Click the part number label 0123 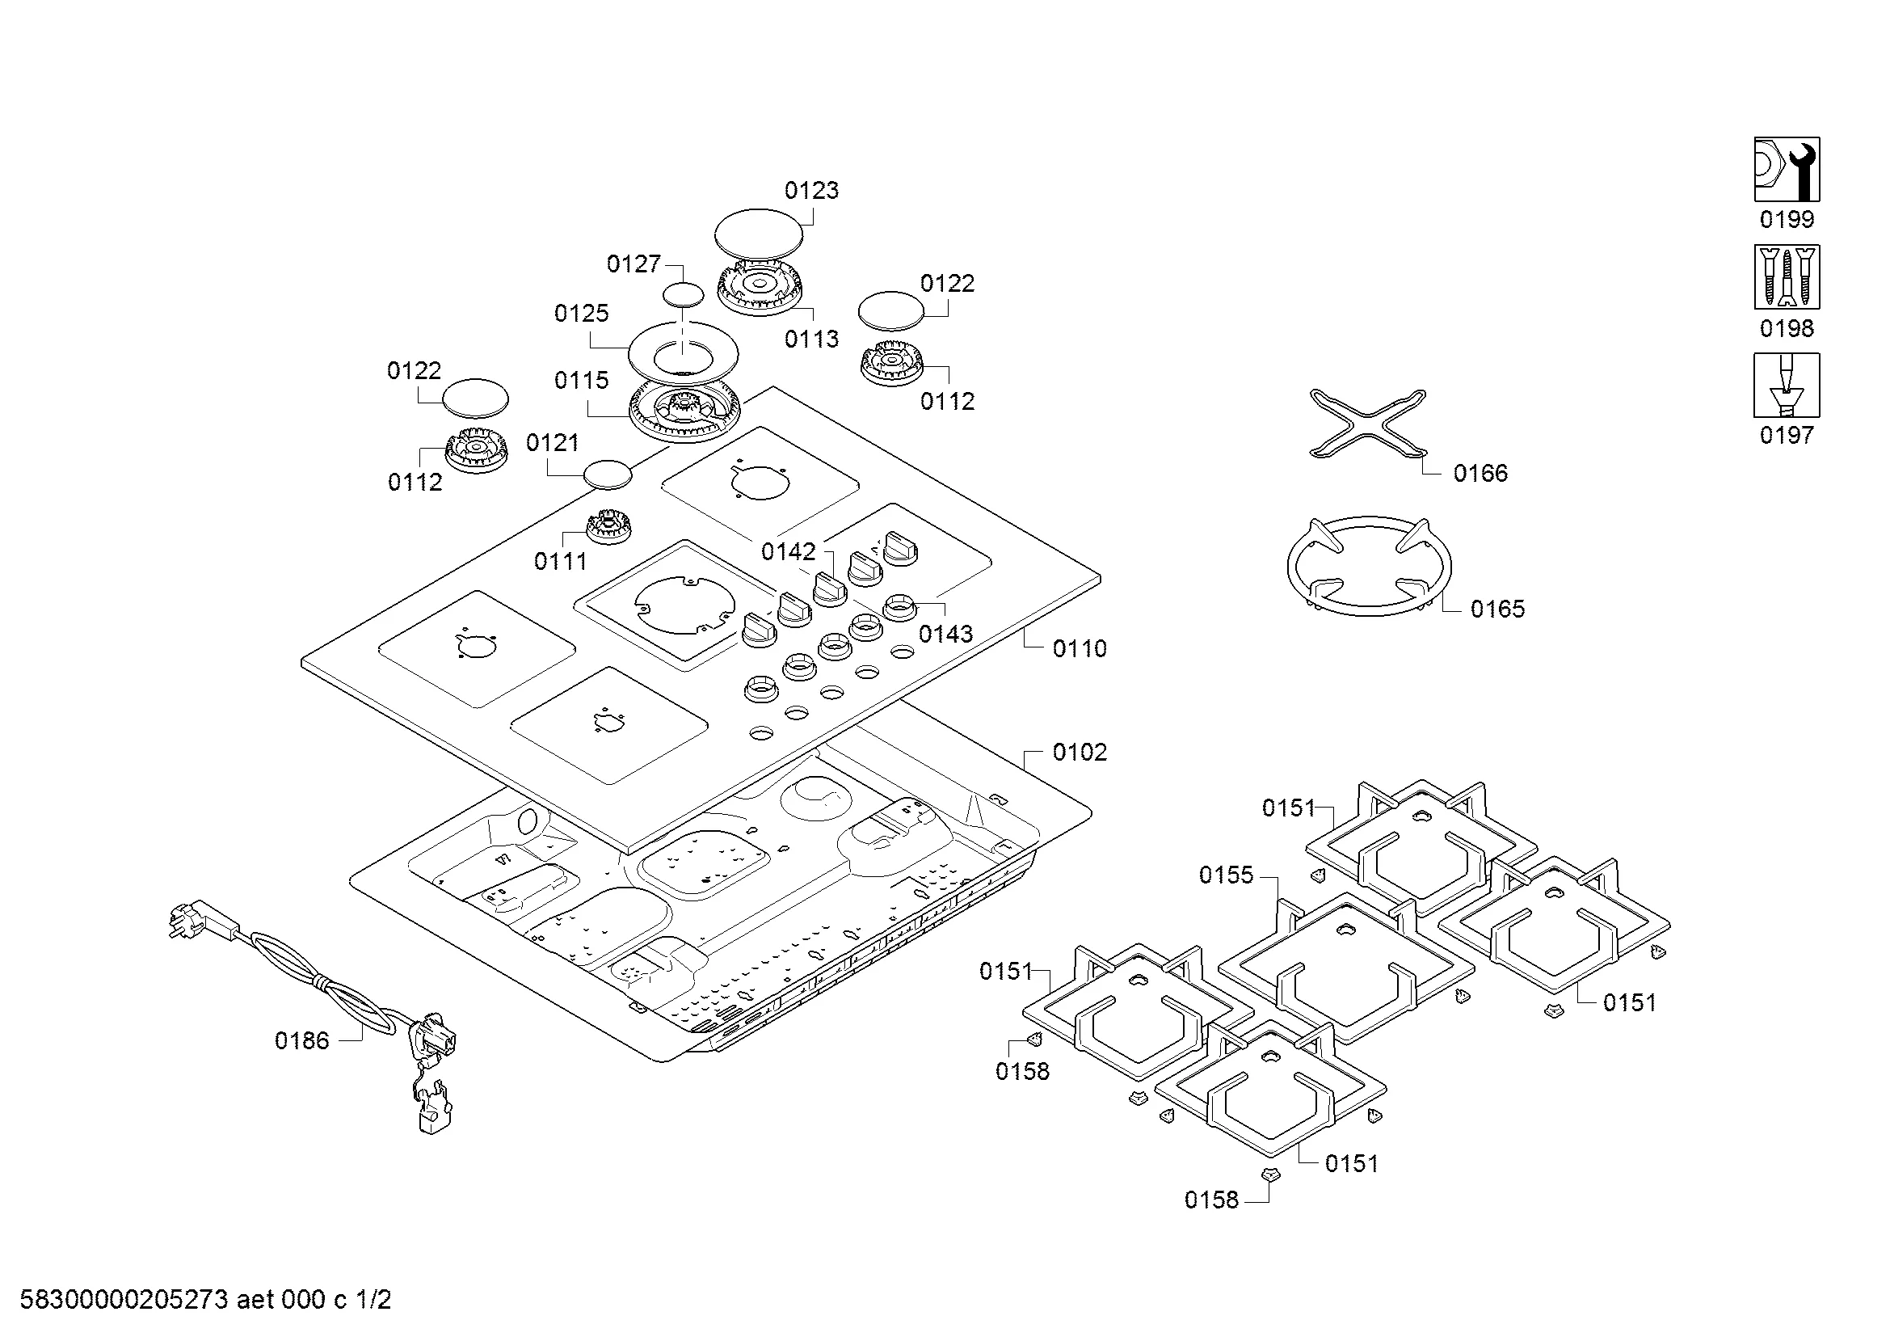[x=810, y=191]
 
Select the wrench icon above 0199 [x=1787, y=170]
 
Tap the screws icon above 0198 [x=1787, y=276]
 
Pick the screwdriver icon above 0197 [x=1787, y=386]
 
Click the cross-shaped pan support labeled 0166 [x=1367, y=422]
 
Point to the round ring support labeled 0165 [x=1369, y=567]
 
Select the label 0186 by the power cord [x=301, y=1041]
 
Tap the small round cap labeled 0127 [x=684, y=295]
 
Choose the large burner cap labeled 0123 [x=758, y=232]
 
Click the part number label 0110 [x=1080, y=649]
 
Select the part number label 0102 [x=1080, y=753]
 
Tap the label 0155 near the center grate [x=1226, y=875]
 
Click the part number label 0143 [x=945, y=634]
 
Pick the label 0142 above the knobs [x=788, y=551]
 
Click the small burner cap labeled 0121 [x=608, y=475]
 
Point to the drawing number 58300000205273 [x=124, y=1301]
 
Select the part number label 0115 [x=581, y=381]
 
